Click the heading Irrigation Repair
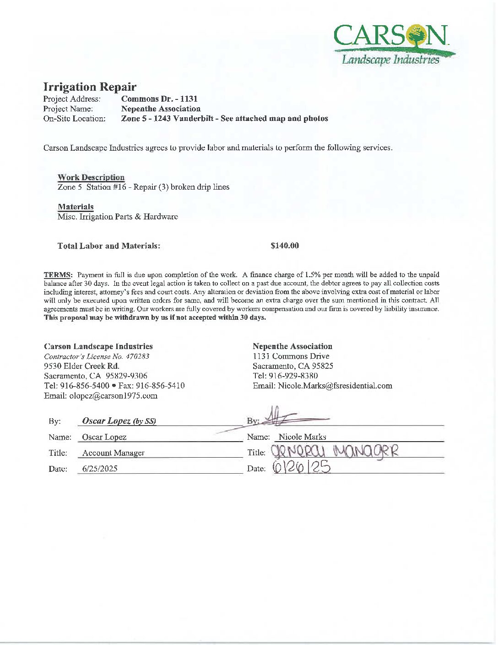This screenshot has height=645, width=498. click(90, 87)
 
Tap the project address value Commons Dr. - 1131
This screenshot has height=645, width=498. click(159, 99)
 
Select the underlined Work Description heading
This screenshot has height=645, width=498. click(91, 177)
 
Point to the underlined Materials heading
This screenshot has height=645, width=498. click(76, 207)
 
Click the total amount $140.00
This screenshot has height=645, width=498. click(285, 246)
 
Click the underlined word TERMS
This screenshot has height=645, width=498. click(58, 275)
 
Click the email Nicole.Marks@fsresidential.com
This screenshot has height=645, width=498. click(335, 386)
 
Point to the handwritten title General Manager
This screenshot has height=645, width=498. click(335, 452)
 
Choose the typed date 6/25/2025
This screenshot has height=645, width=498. click(100, 469)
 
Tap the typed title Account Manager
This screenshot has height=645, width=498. click(113, 453)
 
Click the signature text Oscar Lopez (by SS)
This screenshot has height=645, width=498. click(119, 421)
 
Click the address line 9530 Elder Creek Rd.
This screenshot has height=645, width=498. click(81, 366)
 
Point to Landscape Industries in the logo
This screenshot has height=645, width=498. click(390, 60)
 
